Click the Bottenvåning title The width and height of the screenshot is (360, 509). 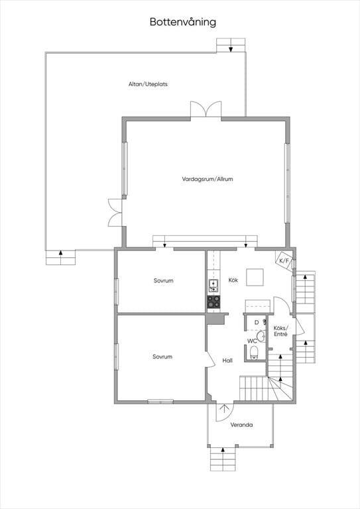[183, 23]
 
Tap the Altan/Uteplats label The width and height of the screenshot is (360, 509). [148, 84]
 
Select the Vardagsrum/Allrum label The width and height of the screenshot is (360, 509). [208, 179]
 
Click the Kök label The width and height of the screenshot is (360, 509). [233, 280]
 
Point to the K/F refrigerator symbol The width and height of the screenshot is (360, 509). [284, 260]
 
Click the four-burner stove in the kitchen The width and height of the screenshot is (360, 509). [213, 302]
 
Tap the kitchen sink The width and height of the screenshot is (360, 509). [213, 286]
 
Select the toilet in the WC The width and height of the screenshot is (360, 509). [254, 353]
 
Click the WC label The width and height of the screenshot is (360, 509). [252, 341]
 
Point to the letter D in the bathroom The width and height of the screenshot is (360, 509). [257, 323]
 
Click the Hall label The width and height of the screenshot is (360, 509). [227, 361]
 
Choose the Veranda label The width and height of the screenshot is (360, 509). [241, 425]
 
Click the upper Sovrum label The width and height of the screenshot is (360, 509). [164, 280]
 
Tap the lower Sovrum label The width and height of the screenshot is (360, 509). [162, 357]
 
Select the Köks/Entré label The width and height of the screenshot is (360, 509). [280, 331]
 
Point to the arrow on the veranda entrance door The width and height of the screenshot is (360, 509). [224, 408]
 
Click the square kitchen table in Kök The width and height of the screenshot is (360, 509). [255, 277]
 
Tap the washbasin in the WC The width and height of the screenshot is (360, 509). [261, 336]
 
